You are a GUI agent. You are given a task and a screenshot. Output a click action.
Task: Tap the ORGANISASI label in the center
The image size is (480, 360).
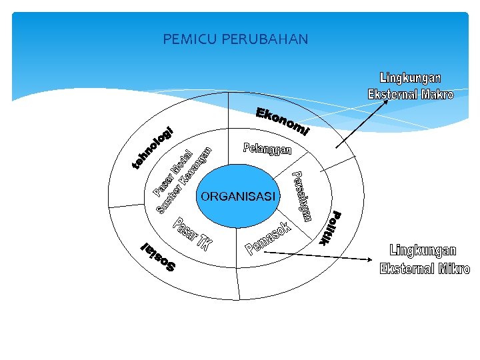tap(238, 196)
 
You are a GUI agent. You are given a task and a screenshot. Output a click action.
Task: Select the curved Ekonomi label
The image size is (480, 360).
tap(282, 121)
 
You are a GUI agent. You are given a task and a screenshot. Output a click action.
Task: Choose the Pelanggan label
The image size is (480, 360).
tap(267, 149)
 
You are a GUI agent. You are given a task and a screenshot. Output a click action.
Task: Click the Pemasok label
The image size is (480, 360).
tap(269, 239)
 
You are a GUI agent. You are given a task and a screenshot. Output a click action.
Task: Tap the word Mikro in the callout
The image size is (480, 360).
tap(453, 269)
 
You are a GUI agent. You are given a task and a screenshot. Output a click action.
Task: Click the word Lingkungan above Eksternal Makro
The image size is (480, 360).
tap(410, 79)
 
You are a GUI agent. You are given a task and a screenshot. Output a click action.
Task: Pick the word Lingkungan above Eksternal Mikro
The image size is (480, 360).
tap(423, 251)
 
